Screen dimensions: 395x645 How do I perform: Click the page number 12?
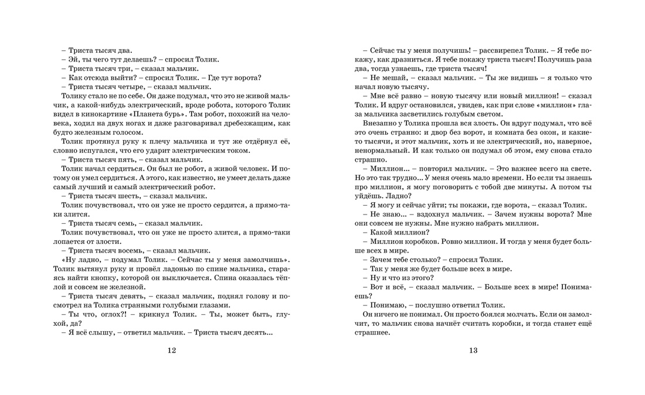point(171,350)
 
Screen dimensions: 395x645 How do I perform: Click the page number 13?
point(473,350)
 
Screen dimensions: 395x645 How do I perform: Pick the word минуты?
point(532,186)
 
